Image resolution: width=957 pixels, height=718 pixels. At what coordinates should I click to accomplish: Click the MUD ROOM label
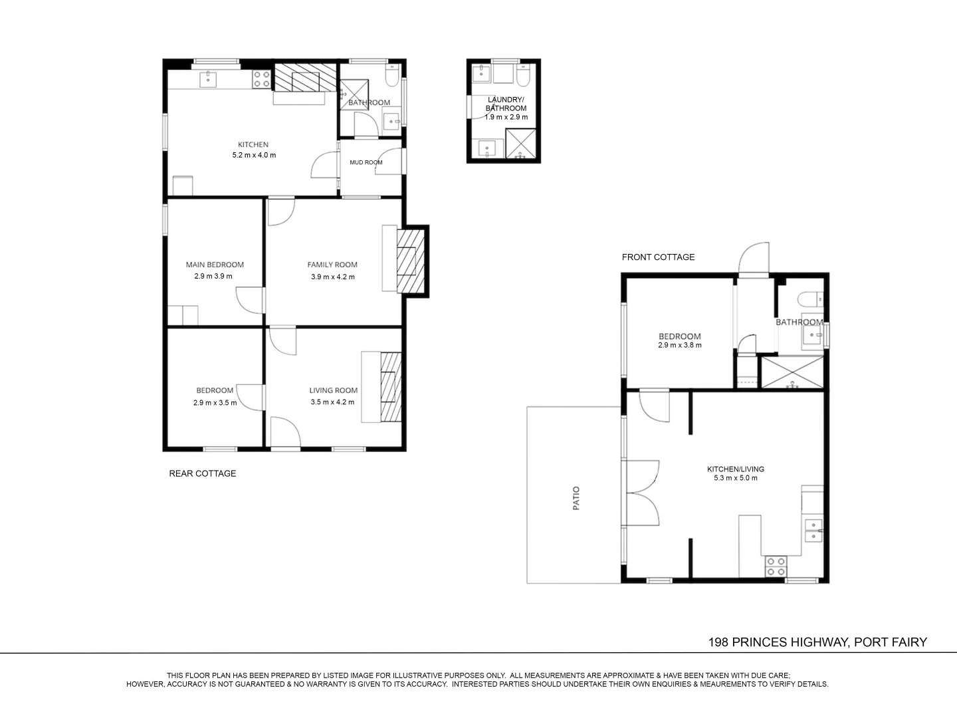point(366,163)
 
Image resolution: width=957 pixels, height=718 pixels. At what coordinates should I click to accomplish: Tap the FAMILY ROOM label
point(332,265)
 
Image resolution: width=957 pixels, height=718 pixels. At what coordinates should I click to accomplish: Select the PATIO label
point(576,499)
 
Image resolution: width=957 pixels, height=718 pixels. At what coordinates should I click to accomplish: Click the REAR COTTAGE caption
point(203,473)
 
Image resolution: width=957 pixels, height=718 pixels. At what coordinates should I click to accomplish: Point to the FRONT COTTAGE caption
point(659,257)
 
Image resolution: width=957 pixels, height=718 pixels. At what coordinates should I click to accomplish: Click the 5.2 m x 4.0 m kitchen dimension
point(254,155)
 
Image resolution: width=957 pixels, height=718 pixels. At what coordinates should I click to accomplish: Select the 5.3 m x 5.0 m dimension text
point(736,478)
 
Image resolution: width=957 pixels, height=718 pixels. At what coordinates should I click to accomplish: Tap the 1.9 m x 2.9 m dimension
point(506,117)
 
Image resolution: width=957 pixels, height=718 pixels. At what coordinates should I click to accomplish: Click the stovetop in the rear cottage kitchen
point(261,79)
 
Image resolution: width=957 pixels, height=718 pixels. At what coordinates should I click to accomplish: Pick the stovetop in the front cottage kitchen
point(776,566)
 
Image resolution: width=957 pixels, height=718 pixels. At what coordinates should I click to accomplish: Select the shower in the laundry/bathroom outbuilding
point(520,143)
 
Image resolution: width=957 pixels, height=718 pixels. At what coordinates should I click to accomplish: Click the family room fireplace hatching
point(411,261)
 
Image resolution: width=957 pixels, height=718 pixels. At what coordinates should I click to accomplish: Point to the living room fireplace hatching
point(391,387)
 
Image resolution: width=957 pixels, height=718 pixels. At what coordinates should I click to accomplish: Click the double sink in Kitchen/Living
point(813,531)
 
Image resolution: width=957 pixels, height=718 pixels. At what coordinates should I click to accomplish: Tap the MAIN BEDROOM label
point(215,265)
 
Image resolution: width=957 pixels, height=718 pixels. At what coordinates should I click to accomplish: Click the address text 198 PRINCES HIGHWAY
point(778,642)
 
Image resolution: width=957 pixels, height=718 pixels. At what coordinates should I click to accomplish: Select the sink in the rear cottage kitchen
point(209,80)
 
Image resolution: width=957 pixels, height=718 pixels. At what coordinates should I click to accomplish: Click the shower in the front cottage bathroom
point(792,372)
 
